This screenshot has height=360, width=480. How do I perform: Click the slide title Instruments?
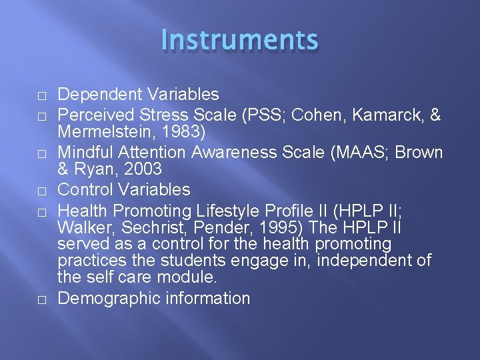click(x=240, y=40)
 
